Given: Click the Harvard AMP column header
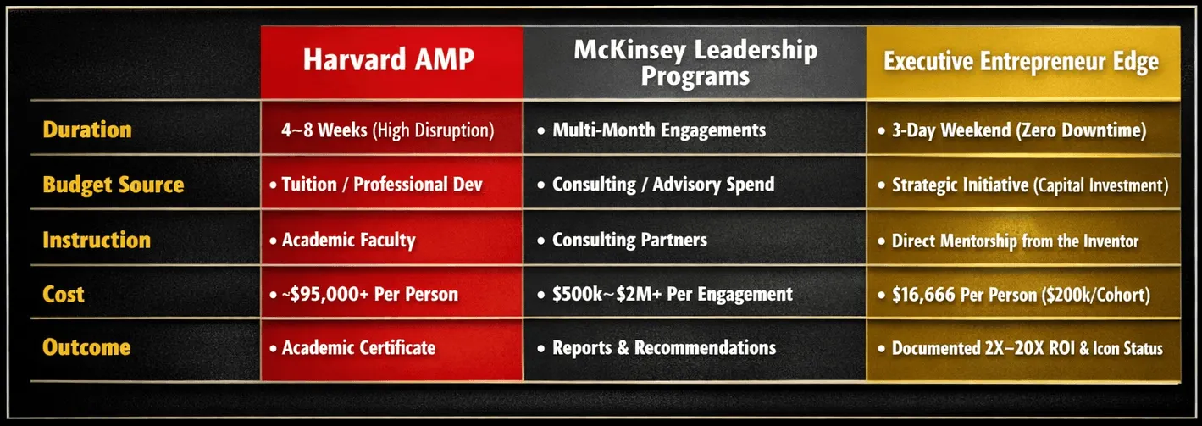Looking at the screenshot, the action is [389, 59].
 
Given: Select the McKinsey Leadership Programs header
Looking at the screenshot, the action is [695, 63].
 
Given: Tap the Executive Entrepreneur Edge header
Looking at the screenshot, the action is [1022, 62].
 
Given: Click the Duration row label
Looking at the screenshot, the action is [87, 130].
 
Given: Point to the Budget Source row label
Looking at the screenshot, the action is [114, 185].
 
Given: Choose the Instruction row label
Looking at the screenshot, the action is [97, 240].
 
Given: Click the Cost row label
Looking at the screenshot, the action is [64, 294].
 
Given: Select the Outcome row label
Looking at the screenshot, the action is [86, 347].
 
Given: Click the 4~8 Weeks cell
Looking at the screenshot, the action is [387, 130].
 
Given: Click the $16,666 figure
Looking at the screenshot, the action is [923, 295].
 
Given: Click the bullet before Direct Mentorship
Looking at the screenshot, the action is [881, 241].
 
